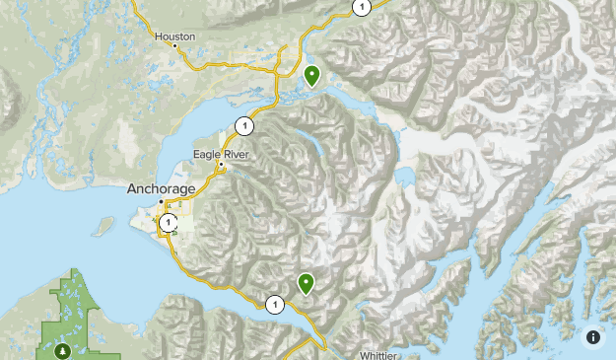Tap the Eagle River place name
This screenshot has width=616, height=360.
(221, 154)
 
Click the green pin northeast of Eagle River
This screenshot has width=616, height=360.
(311, 75)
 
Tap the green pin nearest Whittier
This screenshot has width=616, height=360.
(307, 284)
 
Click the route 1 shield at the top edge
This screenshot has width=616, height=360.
(361, 7)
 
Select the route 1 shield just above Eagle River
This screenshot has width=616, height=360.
(243, 126)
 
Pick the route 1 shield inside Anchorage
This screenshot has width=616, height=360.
(170, 223)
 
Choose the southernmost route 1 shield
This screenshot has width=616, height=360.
(273, 305)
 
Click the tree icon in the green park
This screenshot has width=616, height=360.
(64, 350)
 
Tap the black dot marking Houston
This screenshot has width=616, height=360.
(175, 45)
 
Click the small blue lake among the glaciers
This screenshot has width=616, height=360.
(404, 177)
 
